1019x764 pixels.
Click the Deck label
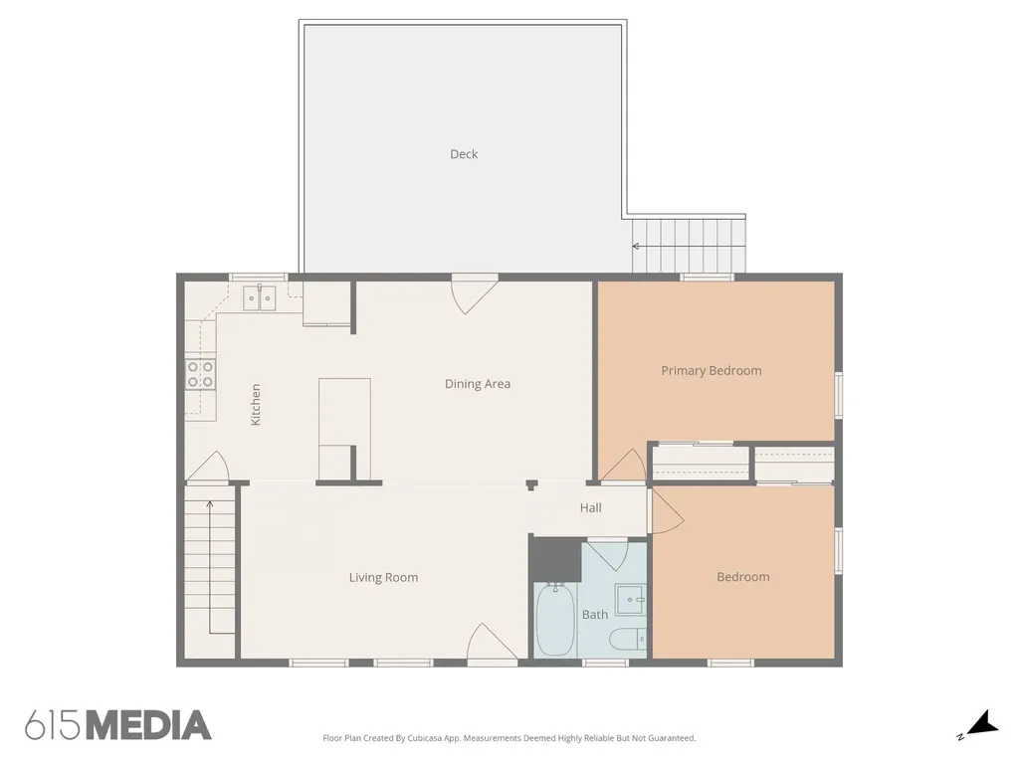tap(464, 154)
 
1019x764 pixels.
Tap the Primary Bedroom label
tap(711, 370)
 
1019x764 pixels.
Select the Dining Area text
tap(477, 384)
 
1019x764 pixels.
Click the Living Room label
tap(383, 578)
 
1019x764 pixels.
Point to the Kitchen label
tap(256, 404)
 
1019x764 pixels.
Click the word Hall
tap(590, 508)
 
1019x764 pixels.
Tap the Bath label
tap(595, 615)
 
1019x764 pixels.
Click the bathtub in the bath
tap(555, 621)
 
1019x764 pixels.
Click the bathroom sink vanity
tap(630, 600)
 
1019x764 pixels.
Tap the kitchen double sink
tap(260, 298)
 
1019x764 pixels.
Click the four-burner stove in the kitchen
tap(200, 374)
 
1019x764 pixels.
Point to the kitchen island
tap(344, 430)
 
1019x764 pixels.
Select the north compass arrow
tap(982, 723)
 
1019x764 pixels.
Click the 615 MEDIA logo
tap(118, 725)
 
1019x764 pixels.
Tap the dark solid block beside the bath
tap(554, 558)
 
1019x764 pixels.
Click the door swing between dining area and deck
tap(475, 293)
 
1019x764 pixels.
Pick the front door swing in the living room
tap(492, 642)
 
